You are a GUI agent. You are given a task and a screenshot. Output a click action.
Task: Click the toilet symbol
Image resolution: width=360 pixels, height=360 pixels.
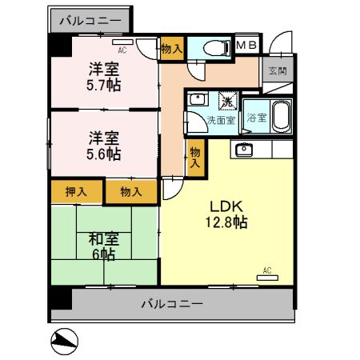217,49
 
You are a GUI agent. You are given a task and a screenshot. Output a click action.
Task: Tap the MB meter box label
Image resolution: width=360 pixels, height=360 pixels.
246,45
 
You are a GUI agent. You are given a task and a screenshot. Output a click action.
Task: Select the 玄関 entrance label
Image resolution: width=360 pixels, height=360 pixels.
278,71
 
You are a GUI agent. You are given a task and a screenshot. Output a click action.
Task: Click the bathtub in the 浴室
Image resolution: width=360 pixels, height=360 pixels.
282,117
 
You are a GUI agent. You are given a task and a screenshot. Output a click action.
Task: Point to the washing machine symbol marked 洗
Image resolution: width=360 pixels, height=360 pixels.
228,101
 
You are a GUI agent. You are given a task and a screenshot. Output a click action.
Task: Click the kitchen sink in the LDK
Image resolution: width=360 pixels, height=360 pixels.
244,150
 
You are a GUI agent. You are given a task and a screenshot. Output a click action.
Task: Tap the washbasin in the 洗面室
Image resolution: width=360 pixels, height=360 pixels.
198,99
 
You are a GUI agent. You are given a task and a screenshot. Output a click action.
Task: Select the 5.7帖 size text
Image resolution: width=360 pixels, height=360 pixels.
103,86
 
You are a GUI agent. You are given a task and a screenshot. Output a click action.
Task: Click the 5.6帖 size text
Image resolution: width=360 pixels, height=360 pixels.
103,154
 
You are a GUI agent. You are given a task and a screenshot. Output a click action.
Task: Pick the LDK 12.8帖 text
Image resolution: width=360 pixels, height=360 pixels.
226,214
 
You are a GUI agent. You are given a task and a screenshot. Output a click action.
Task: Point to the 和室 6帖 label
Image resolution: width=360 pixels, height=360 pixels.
104,246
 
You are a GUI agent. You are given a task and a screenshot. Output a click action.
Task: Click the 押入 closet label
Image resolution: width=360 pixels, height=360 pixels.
76,192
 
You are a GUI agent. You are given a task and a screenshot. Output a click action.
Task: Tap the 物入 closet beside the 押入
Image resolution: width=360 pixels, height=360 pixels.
130,192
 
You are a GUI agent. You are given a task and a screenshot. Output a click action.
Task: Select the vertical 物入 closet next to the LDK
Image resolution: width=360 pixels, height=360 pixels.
195,158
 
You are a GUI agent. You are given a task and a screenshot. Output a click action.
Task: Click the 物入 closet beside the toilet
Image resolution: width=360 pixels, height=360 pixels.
172,49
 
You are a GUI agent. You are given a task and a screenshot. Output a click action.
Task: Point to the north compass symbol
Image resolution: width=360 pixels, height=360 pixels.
65,342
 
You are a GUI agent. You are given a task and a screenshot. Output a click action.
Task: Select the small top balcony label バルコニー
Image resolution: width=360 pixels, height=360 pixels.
90,21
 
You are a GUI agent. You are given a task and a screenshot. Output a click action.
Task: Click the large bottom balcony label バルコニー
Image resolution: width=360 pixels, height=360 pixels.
172,304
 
